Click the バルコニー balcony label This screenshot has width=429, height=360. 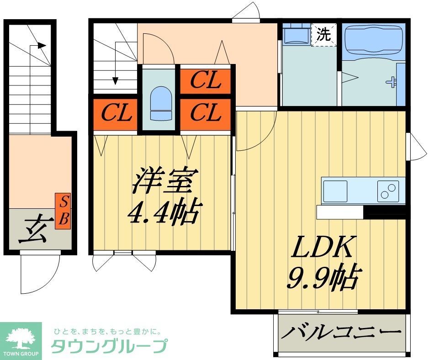click(341, 332)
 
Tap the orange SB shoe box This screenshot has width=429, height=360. click(64, 211)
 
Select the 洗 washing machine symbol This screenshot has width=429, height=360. click(323, 35)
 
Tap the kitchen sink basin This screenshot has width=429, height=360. click(335, 190)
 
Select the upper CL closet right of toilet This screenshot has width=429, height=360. click(205, 81)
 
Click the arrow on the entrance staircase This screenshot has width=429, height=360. click(41, 45)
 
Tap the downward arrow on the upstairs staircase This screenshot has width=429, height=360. click(115, 80)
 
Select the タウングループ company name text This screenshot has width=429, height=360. click(108, 346)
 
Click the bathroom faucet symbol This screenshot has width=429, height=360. click(391, 83)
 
